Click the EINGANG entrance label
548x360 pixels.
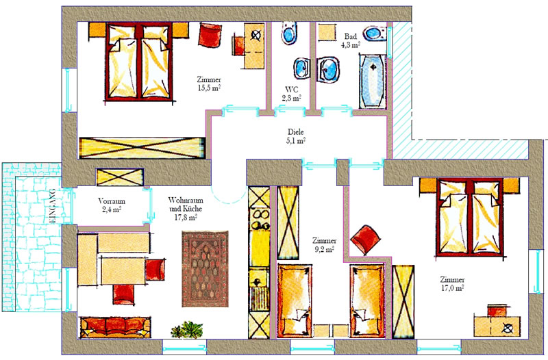pos(53,207)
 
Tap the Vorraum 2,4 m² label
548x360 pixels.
pos(111,205)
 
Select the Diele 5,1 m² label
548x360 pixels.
pos(296,136)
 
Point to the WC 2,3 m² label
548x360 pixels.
pos(292,94)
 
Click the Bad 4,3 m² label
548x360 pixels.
pos(351,40)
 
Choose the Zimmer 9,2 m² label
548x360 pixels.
pos(324,245)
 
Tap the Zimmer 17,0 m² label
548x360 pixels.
pos(452,284)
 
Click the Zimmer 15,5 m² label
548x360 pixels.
pos(209,83)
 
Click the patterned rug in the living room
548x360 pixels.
pos(205,269)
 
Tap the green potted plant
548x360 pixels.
pos(187,330)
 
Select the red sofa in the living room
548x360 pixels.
pos(115,327)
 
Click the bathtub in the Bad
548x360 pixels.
pos(373,81)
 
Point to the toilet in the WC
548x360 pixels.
pos(289,33)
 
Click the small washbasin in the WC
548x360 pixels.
pos(301,68)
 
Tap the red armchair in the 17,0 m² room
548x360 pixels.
pos(366,240)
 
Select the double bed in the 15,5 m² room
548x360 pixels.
pos(140,62)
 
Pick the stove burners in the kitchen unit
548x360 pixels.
pos(260,220)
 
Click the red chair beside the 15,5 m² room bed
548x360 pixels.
pos(210,35)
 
